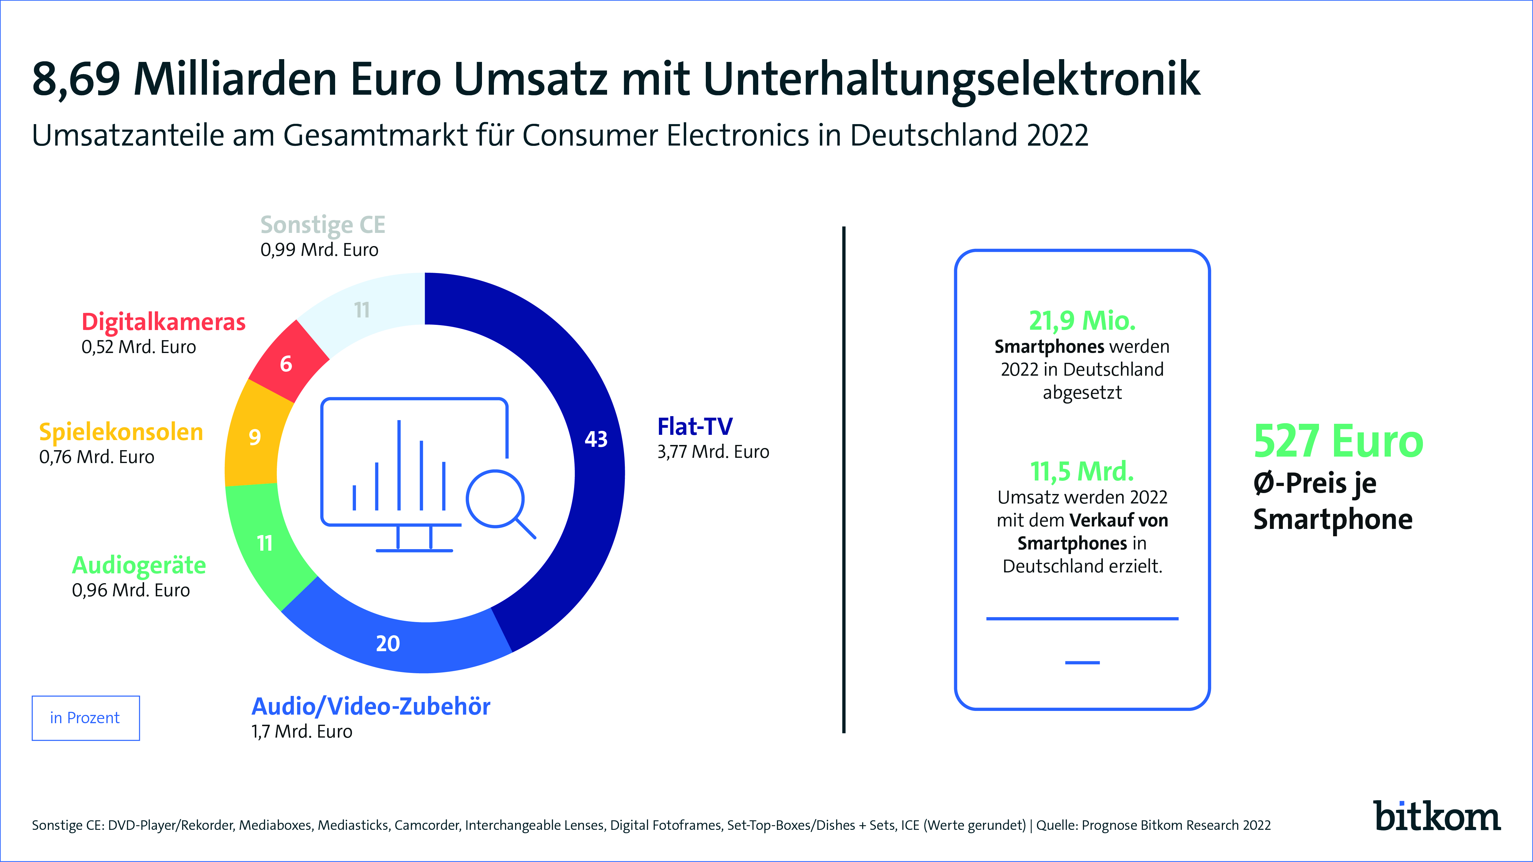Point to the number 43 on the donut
click(596, 439)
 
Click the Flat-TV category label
click(694, 427)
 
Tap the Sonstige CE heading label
click(323, 225)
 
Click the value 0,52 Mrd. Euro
click(139, 347)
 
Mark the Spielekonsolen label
click(121, 432)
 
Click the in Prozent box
click(85, 718)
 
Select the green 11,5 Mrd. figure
click(1082, 471)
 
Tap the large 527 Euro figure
click(1338, 441)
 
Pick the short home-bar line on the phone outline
click(1082, 662)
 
